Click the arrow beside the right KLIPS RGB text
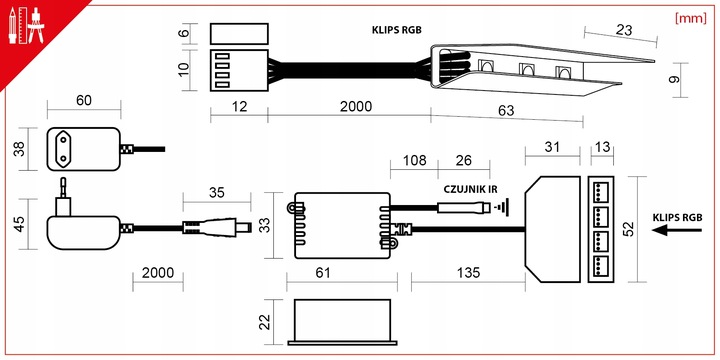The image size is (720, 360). tap(669, 231)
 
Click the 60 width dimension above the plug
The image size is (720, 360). tap(83, 102)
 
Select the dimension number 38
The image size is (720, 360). tap(18, 150)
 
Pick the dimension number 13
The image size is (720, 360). tap(602, 147)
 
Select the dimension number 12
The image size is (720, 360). tap(240, 107)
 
